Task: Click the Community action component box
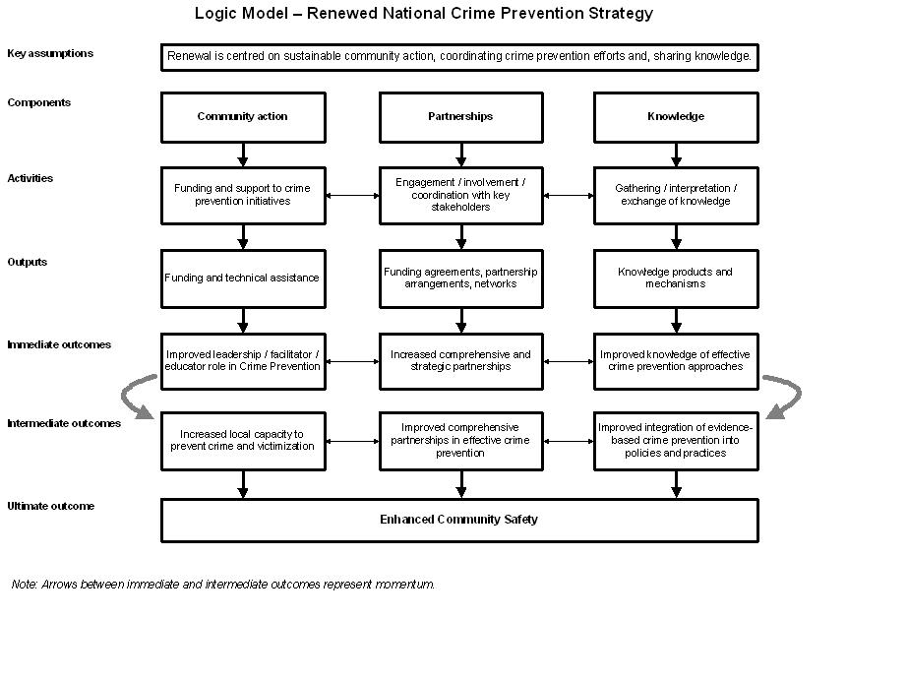(x=243, y=117)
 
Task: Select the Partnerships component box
(x=460, y=117)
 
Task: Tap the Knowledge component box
(x=676, y=117)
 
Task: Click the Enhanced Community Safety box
(x=459, y=520)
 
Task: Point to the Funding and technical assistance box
(x=243, y=279)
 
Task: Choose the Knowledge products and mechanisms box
(x=676, y=279)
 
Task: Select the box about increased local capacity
(x=243, y=440)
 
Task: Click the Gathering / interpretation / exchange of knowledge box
(x=676, y=195)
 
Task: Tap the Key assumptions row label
(x=50, y=53)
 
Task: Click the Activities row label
(x=30, y=178)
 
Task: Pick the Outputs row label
(x=28, y=262)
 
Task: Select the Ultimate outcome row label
(x=51, y=506)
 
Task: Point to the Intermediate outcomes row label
(x=64, y=423)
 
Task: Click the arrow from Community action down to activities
(x=243, y=155)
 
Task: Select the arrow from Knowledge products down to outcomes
(x=676, y=320)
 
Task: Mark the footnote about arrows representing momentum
(x=223, y=584)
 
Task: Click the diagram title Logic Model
(x=423, y=13)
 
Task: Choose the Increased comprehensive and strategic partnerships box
(x=460, y=361)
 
